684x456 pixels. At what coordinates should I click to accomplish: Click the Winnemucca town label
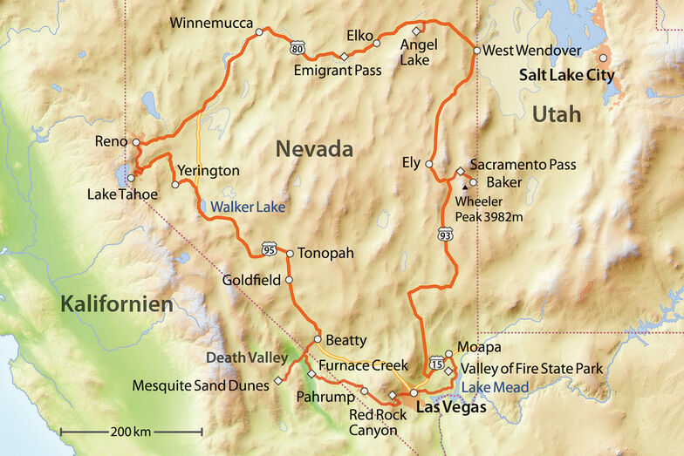coord(211,22)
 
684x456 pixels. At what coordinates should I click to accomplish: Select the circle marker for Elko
coord(377,42)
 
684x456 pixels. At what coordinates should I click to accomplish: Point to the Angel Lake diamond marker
coord(416,31)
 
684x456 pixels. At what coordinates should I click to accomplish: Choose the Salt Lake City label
coord(566,76)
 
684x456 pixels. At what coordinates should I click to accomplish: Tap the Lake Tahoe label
coord(122,194)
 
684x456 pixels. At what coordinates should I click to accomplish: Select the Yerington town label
coord(208,171)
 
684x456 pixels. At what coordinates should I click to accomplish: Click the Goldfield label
coord(251,281)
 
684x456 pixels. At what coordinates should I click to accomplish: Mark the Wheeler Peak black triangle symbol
coord(462,184)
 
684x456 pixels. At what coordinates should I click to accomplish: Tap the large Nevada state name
coord(314,149)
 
